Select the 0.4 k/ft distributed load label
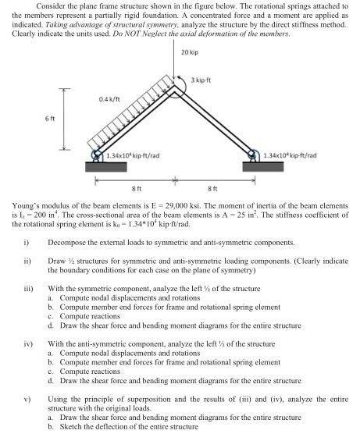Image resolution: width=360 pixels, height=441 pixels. tap(109, 99)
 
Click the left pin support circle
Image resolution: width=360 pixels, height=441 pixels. tap(96, 155)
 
